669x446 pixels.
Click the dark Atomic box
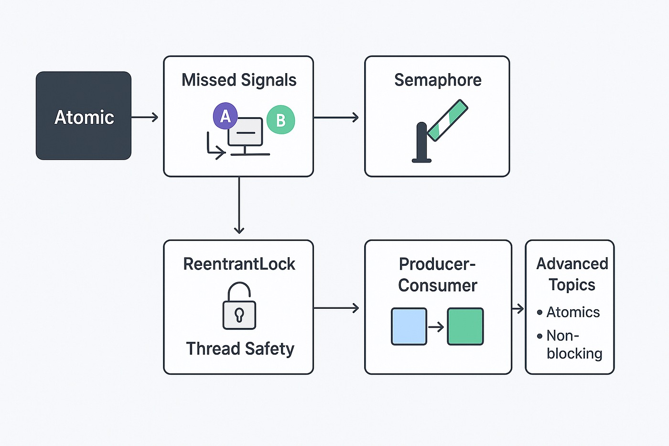pos(84,116)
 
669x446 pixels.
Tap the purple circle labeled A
pos(225,116)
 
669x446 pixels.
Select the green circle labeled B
pos(281,120)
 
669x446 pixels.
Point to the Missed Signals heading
pos(239,80)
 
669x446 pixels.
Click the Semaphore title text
pos(438,80)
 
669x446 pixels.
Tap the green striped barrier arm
pos(447,120)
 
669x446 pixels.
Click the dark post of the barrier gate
pos(421,142)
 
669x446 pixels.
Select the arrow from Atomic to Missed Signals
pos(144,117)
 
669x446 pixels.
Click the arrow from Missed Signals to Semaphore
pos(336,118)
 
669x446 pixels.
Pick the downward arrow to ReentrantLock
pos(239,205)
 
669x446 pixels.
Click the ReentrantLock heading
pos(239,264)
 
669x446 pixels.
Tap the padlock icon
pos(239,305)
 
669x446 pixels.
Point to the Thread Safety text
pos(240,348)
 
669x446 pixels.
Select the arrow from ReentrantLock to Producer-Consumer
pos(336,308)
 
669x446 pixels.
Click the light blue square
pos(409,326)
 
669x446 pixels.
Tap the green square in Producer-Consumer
pos(465,326)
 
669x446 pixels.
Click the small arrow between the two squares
pos(436,327)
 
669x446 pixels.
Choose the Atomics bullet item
pos(568,312)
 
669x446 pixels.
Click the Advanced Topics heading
pos(572,274)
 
